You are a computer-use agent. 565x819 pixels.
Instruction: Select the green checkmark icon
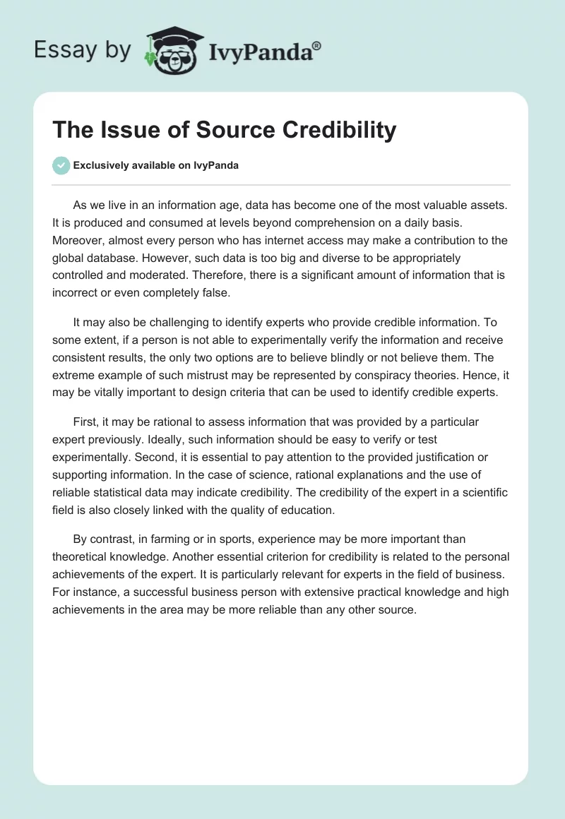coord(61,165)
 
